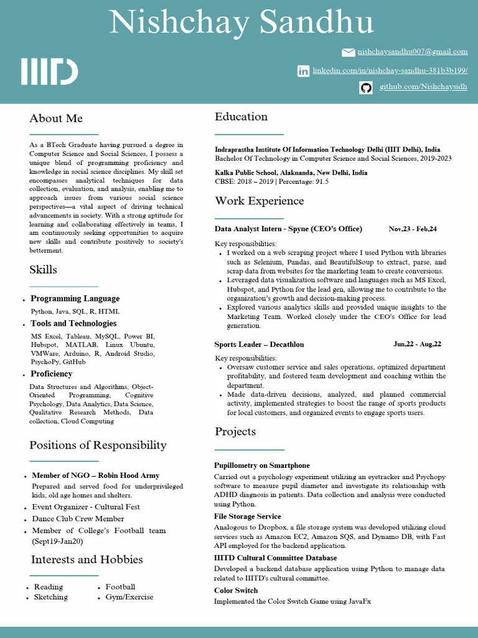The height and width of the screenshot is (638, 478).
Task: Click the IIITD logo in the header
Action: tap(50, 72)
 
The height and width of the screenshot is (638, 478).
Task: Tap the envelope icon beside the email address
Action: tap(349, 52)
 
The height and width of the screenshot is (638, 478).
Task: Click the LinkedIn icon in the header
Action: tap(303, 71)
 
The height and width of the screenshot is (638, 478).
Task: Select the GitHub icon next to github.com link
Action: tap(366, 87)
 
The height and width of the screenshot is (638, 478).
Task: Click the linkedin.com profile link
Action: tap(390, 71)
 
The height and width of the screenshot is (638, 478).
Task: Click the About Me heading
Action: tap(56, 118)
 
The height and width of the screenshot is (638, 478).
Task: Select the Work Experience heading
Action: tap(260, 201)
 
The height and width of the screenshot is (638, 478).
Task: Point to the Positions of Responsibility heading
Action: tap(98, 445)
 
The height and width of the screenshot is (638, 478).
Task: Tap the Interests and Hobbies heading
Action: tap(87, 559)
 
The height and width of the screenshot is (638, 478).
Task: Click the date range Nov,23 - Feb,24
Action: tap(413, 229)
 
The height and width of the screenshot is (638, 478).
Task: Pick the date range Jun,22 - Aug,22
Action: tap(417, 345)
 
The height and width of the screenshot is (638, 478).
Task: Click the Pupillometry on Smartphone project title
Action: tap(262, 465)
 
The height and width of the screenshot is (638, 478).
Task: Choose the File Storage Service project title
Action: tap(248, 517)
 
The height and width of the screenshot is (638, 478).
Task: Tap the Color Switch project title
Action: tap(236, 591)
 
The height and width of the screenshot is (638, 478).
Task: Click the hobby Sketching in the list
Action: tap(51, 598)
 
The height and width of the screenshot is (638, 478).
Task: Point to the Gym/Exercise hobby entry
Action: tap(129, 598)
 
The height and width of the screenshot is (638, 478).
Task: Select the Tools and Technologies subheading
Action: tap(73, 323)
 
